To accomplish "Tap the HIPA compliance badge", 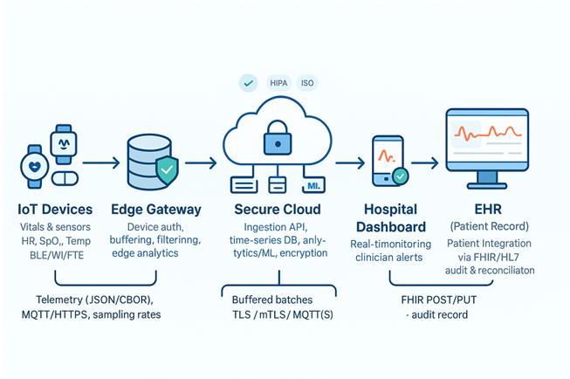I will pos(278,83).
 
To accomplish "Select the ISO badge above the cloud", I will pos(307,83).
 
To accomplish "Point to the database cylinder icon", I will pos(148,162).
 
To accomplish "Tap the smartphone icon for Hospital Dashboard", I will pos(384,161).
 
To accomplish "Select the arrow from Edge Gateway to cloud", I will pos(200,162).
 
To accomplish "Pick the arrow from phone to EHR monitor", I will pos(425,162).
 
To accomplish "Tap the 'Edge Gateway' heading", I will pos(156,210).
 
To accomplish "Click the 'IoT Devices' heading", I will pos(55,210).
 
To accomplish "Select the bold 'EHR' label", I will pos(485,210).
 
